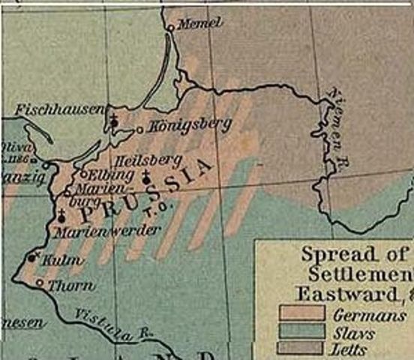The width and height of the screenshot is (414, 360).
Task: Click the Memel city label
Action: click(200, 23)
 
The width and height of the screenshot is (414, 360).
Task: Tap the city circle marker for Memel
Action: click(170, 28)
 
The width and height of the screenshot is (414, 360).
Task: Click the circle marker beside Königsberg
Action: click(139, 130)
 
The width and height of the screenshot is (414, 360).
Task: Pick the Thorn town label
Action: click(71, 286)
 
